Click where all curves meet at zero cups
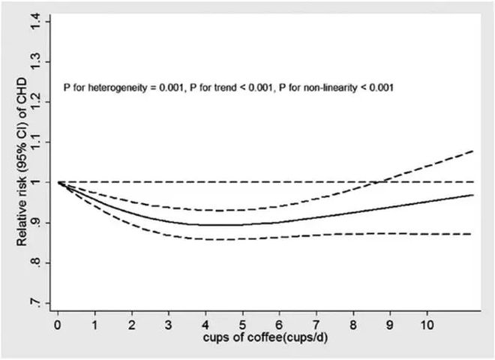[x=58, y=182]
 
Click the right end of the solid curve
[x=473, y=195]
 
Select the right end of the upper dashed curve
[x=473, y=151]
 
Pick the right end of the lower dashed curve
[x=473, y=234]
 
